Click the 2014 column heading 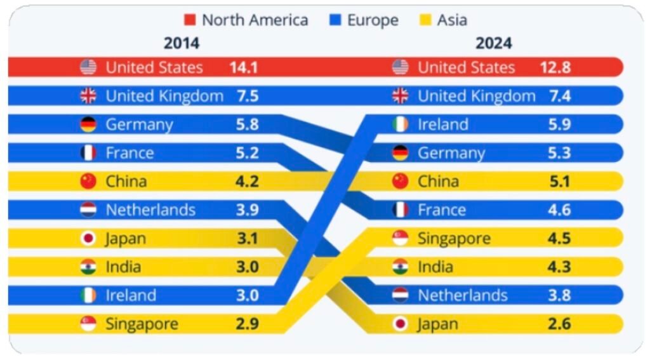point(182,43)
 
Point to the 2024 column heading point(493,43)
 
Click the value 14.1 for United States point(244,67)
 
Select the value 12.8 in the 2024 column point(555,67)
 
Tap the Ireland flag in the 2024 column point(401,124)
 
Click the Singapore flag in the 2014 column point(88,324)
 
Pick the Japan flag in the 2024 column point(401,324)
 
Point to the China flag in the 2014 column point(88,182)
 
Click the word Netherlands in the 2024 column point(463,295)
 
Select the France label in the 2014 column point(129,153)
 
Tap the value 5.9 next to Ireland point(559,124)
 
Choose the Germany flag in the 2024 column point(401,153)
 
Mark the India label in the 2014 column point(123,267)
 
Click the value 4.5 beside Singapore point(559,239)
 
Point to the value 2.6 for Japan point(559,324)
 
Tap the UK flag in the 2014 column point(88,96)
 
